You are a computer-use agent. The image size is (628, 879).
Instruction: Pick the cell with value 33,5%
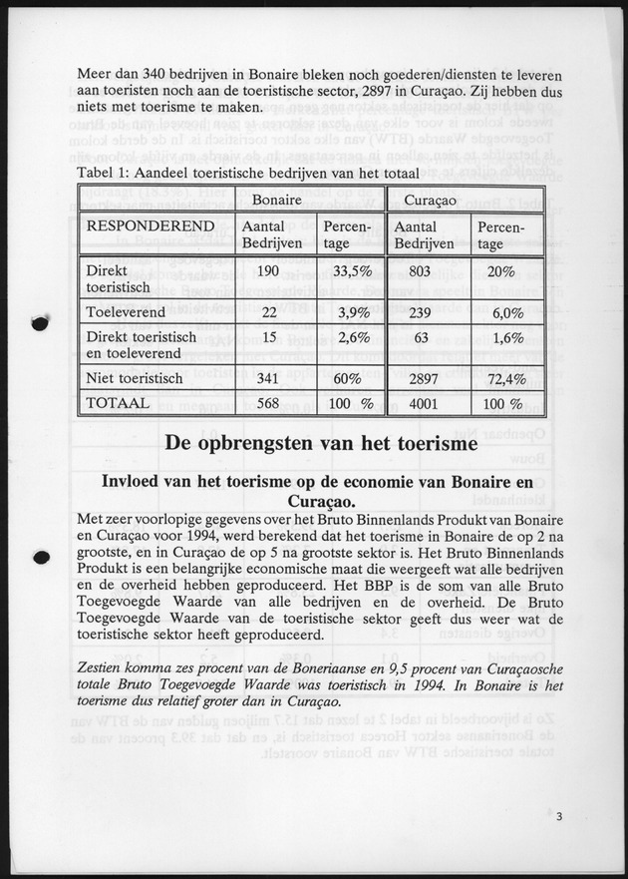pyautogui.click(x=348, y=270)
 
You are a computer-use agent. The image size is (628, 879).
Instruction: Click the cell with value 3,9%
pyautogui.click(x=348, y=312)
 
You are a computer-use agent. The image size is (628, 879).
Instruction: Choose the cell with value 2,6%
pyautogui.click(x=348, y=337)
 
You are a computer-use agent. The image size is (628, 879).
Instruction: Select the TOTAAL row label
pyautogui.click(x=119, y=404)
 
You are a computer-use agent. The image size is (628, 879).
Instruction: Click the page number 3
pyautogui.click(x=561, y=818)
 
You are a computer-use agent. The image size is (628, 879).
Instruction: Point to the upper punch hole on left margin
pyautogui.click(x=40, y=323)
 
